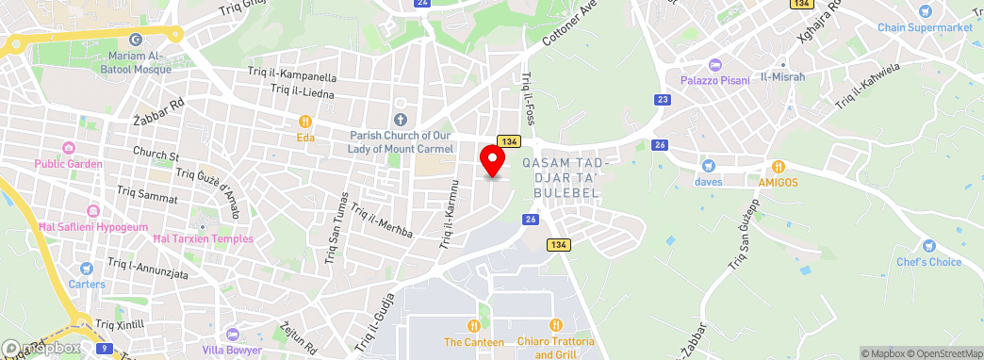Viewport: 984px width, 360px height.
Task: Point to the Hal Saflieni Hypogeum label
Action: point(92,227)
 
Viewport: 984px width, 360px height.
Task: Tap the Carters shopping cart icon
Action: point(86,268)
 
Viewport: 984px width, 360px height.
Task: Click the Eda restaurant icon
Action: point(305,122)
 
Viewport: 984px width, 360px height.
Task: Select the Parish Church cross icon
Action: point(401,119)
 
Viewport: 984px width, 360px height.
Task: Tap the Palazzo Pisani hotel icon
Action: point(714,65)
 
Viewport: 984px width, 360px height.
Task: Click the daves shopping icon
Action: point(707,165)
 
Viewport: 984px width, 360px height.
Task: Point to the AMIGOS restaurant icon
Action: point(779,165)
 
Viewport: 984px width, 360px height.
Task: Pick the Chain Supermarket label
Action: point(925,27)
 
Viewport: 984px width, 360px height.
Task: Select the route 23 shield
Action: point(664,99)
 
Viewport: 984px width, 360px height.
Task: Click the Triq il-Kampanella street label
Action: point(292,74)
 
